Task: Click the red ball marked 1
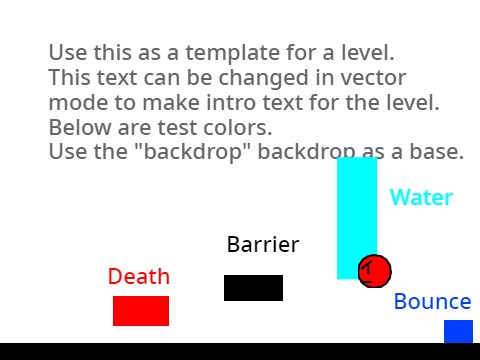(x=374, y=270)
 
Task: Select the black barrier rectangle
(x=253, y=288)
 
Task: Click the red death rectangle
(x=141, y=311)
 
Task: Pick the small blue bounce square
(x=458, y=332)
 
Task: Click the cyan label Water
(x=421, y=197)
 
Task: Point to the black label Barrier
(x=263, y=245)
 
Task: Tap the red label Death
(x=139, y=277)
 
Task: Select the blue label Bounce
(x=432, y=302)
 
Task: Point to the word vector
(x=370, y=78)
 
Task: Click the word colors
(x=239, y=128)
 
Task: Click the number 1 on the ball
(x=368, y=268)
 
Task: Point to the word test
(x=175, y=128)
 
